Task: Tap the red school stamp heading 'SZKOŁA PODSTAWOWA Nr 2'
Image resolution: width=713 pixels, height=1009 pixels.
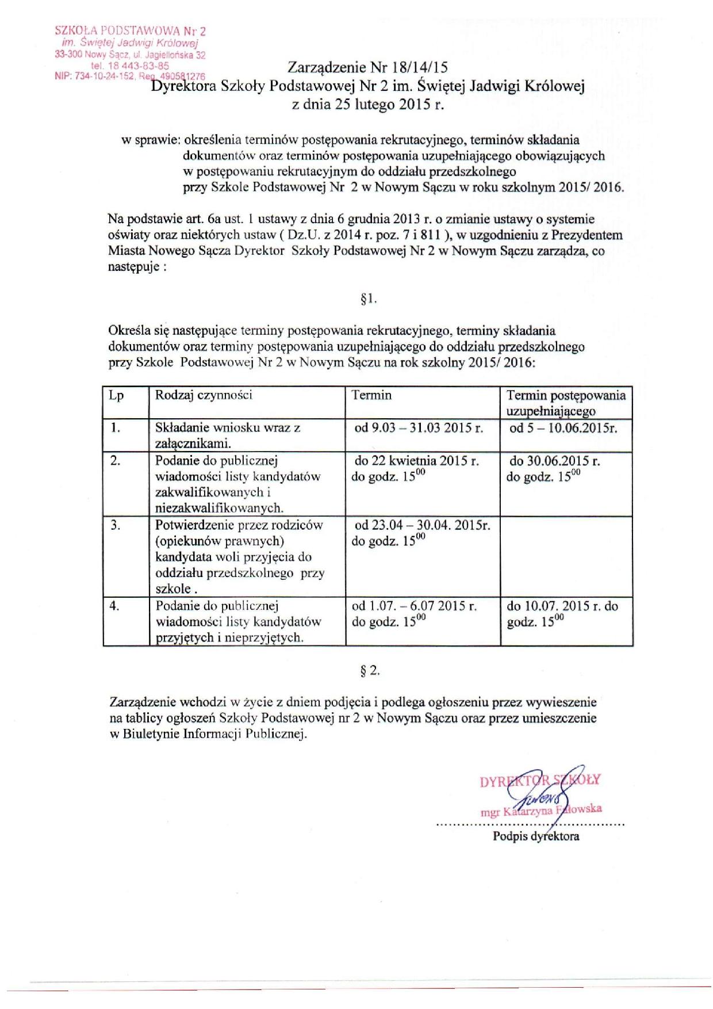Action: click(x=130, y=30)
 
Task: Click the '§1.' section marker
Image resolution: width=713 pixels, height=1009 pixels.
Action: click(x=368, y=299)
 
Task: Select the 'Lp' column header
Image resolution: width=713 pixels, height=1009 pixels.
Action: click(x=117, y=396)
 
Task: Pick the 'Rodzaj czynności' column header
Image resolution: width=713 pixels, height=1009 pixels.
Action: click(x=204, y=395)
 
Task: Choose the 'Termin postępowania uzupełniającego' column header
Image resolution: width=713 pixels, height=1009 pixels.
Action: click(x=566, y=403)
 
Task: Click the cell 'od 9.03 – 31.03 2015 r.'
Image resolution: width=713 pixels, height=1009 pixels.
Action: click(x=419, y=428)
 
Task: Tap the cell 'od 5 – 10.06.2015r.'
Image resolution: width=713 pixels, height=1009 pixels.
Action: click(x=563, y=428)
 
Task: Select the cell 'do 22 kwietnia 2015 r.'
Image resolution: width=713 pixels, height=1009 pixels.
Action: click(x=417, y=461)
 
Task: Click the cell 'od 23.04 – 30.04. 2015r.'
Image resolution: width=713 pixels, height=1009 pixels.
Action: click(x=423, y=525)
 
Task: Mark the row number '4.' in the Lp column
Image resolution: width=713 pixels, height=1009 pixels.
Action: click(x=115, y=606)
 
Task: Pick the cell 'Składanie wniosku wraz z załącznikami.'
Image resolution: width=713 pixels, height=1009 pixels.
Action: click(x=228, y=435)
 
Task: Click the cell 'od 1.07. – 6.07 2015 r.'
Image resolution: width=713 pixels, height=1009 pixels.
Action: click(x=415, y=606)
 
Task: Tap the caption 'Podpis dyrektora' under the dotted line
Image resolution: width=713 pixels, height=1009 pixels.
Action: click(x=536, y=836)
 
